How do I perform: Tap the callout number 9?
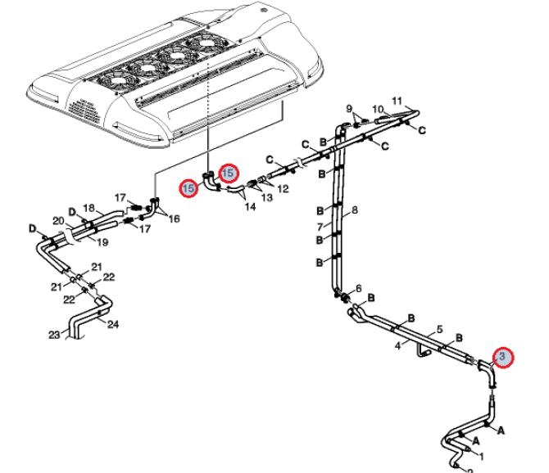coord(349,109)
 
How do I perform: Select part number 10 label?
coord(379,110)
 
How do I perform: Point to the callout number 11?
coord(398,101)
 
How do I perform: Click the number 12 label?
coord(284,189)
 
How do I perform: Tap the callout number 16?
coord(174,219)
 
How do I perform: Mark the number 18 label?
coord(90,209)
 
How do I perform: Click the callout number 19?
coord(103,242)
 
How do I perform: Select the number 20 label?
coord(58,221)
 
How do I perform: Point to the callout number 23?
coord(54,334)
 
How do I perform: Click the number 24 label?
coord(113,325)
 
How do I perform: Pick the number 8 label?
coord(355,211)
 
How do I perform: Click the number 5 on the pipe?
coord(440,329)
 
